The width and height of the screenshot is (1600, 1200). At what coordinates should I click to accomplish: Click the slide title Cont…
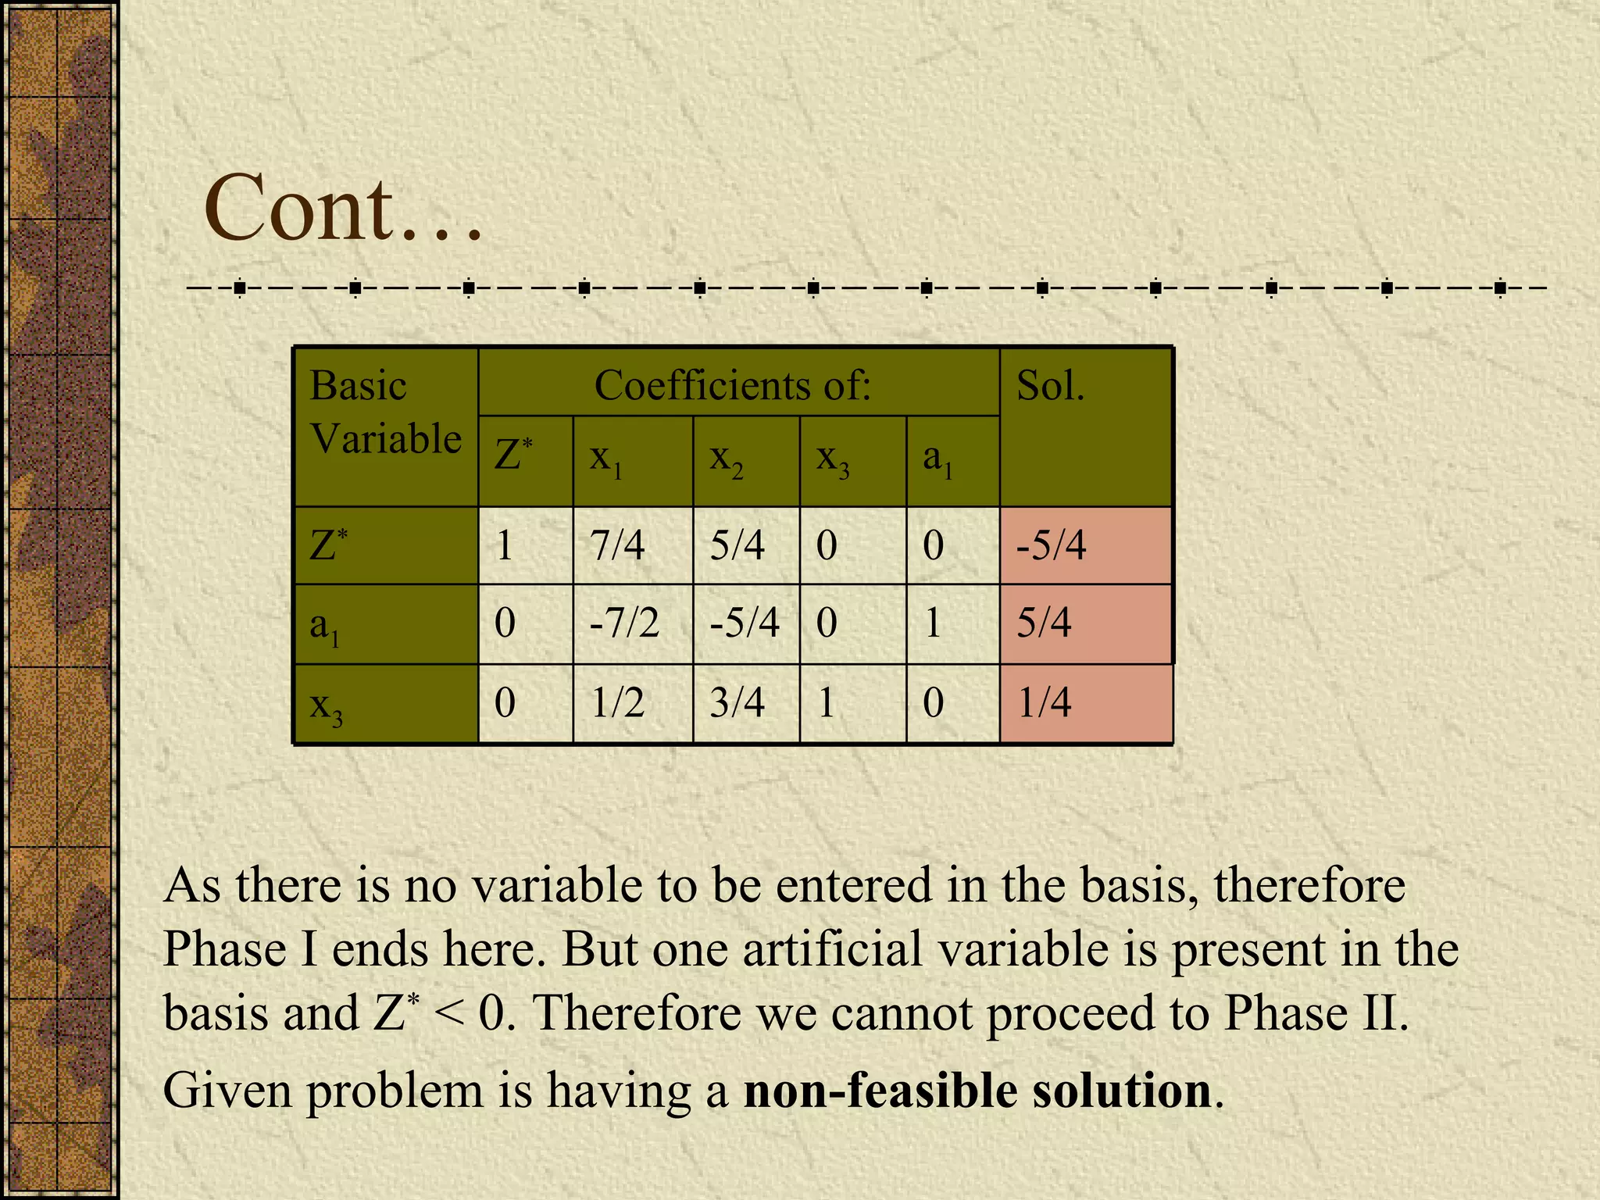point(342,209)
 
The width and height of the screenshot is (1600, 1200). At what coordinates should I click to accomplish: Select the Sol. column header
point(1050,386)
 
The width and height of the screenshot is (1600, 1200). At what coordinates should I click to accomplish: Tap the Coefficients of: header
point(732,385)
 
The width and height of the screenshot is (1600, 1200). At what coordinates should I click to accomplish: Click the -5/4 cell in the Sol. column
point(1051,545)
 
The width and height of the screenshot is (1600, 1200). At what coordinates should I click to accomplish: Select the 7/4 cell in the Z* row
point(617,545)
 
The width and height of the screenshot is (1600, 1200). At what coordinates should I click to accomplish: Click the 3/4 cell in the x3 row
point(737,702)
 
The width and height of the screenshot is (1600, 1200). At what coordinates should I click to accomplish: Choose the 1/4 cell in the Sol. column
point(1045,702)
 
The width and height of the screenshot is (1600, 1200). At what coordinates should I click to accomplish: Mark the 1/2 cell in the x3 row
point(617,702)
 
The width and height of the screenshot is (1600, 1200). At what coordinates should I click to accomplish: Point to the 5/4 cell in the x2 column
point(737,545)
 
